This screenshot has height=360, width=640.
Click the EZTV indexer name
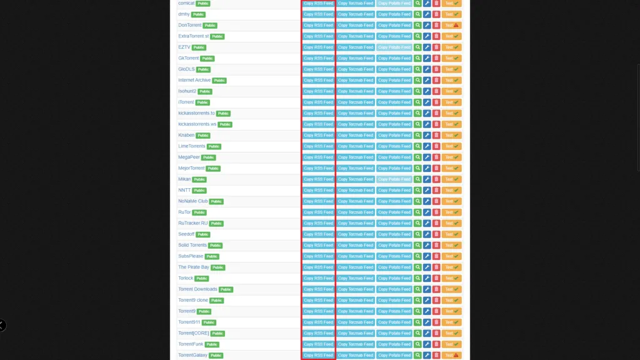pos(184,47)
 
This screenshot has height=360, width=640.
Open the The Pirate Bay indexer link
pos(194,267)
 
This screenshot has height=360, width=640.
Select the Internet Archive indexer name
pos(194,81)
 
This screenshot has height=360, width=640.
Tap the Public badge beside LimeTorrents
pos(214,146)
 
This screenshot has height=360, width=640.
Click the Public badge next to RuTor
pos(199,212)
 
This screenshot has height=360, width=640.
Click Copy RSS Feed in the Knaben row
pos(318,136)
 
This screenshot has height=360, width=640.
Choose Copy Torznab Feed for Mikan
pos(356,179)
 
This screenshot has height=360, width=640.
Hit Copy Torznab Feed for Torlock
pos(356,278)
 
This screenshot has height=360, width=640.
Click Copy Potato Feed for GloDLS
pos(394,69)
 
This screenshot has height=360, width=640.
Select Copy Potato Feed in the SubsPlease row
pos(394,256)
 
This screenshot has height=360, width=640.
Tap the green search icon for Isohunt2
pos(418,91)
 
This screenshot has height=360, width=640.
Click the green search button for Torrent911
pos(418,322)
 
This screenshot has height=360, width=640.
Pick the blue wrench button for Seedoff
pos(427,234)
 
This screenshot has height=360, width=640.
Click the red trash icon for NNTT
pos(436,191)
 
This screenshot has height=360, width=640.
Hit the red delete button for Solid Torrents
pos(436,246)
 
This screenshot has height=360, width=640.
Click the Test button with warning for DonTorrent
pos(451,26)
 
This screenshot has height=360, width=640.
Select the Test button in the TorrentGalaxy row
pos(451,356)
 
